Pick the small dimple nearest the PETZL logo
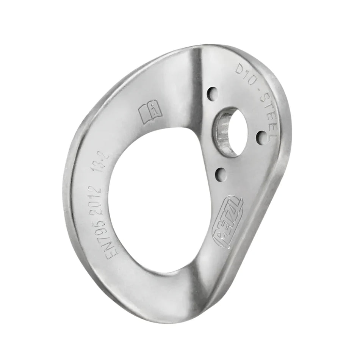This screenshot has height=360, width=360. [219, 174]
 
